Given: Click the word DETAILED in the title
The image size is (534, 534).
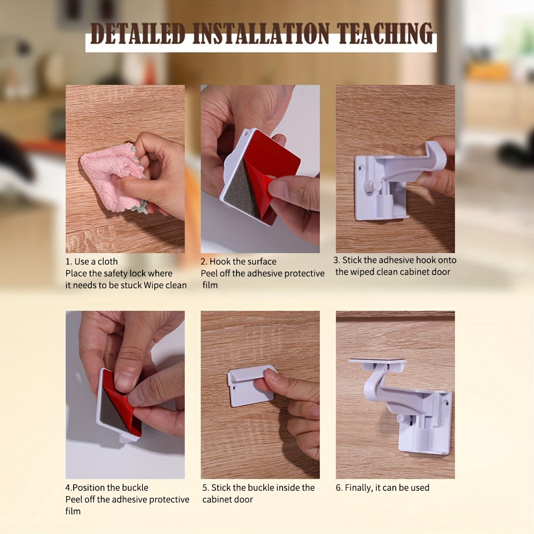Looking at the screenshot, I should click(137, 35).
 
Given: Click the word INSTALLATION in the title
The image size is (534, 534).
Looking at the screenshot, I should click(262, 35).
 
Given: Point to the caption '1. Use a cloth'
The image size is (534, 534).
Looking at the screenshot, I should click(91, 262).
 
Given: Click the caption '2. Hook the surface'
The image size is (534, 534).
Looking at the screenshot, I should click(238, 262).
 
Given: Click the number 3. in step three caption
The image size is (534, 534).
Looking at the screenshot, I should click(337, 261).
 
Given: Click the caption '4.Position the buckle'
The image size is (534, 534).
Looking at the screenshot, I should click(107, 488).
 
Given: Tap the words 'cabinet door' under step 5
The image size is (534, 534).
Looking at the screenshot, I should click(227, 500).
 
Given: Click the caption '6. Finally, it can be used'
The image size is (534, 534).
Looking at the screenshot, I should click(382, 488).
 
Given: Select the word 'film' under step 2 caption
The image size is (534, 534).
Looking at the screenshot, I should click(210, 285).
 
